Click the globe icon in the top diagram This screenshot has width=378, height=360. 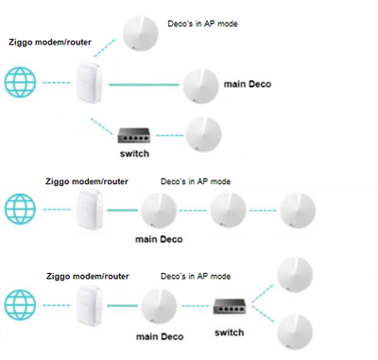[19, 82]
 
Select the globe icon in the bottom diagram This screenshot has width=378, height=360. [19, 304]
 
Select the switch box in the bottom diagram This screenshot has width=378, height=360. [231, 307]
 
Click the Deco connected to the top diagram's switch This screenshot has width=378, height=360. [202, 132]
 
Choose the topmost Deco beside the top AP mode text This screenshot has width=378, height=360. [142, 32]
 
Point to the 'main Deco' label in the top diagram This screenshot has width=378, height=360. [247, 85]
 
